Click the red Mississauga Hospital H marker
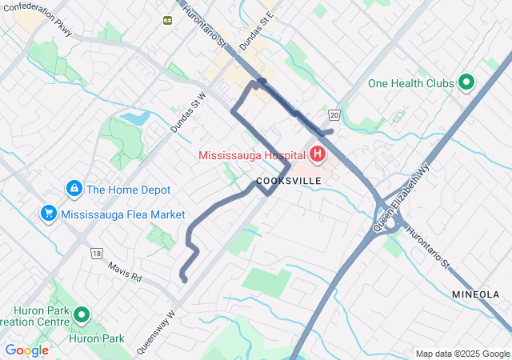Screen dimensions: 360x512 point(318,154)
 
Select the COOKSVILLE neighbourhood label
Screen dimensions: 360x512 point(289,181)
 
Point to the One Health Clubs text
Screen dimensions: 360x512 point(411,83)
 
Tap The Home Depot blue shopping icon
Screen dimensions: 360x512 point(74,189)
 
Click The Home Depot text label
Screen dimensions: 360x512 point(129,190)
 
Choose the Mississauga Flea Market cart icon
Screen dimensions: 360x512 point(49,214)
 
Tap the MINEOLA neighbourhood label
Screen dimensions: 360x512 point(475,294)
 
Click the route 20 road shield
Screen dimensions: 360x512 point(334,116)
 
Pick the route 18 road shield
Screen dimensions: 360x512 point(97,253)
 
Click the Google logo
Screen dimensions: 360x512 point(26,350)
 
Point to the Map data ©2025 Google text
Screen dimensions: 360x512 point(462,354)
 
